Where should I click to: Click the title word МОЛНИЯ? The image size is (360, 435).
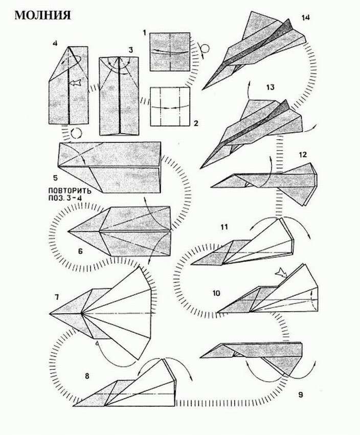coord(42,15)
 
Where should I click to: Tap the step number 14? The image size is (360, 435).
coord(306,18)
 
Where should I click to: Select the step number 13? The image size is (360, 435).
coord(270,87)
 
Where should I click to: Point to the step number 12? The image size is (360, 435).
coord(303,155)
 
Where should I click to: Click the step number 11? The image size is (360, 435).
coord(224,227)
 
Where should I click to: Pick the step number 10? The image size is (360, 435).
coord(216,293)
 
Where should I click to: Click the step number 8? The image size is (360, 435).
coord(87,376)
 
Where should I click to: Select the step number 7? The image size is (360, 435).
coord(57,297)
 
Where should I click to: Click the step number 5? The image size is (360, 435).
coord(55,178)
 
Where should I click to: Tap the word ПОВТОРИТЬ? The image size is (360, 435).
coord(70,191)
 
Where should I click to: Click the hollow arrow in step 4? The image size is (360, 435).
coord(75,82)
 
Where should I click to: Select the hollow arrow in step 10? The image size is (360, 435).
coord(280,272)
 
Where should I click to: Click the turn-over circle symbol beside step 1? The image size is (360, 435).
coord(205,49)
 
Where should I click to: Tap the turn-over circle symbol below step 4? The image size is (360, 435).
coord(76,133)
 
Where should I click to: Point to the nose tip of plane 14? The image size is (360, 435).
coord(202,90)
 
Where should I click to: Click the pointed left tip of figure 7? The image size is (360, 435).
coord(51,314)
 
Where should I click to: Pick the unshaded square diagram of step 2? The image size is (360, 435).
coord(170,106)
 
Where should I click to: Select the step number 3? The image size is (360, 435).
coord(130,50)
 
